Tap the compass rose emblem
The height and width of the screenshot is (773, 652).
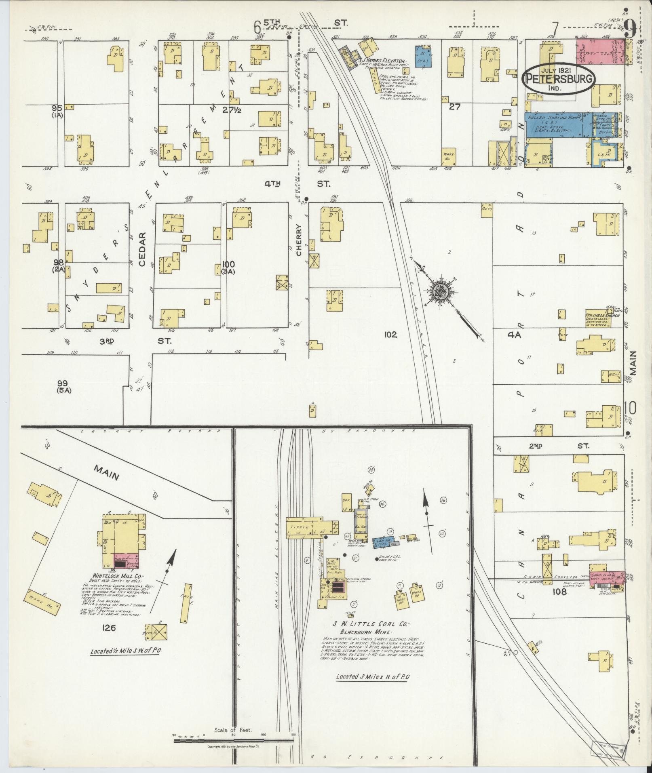pos(439,290)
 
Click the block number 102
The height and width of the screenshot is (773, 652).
pos(391,335)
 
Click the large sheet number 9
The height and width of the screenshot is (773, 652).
pos(630,27)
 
